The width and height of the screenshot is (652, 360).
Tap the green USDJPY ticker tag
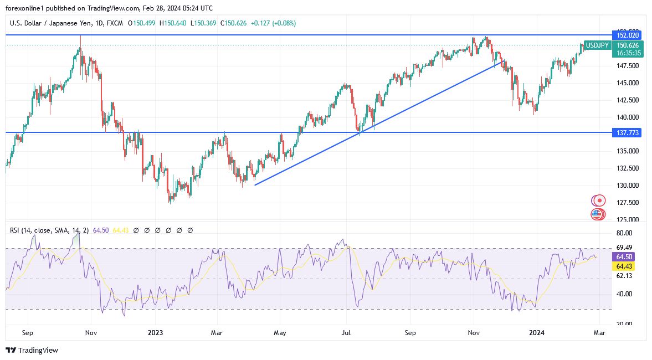pyautogui.click(x=598, y=45)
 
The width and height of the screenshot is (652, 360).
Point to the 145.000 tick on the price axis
pyautogui.click(x=627, y=83)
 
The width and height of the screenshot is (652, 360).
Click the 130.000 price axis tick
pyautogui.click(x=627, y=186)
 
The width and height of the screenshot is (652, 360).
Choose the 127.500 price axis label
pyautogui.click(x=627, y=203)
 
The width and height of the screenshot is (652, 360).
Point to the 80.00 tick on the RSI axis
pyautogui.click(x=624, y=233)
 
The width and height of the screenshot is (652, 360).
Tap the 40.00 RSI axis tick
pyautogui.click(x=624, y=294)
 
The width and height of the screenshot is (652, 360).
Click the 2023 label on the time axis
pyautogui.click(x=155, y=333)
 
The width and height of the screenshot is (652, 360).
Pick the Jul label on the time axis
pyautogui.click(x=347, y=333)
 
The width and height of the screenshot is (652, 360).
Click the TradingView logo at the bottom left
pyautogui.click(x=32, y=350)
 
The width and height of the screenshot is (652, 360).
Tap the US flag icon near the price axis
pyautogui.click(x=597, y=214)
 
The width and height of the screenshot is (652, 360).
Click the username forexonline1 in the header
pyautogui.click(x=26, y=8)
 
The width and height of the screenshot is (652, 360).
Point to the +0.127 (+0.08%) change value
pyautogui.click(x=273, y=23)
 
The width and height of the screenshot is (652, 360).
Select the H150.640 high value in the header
pyautogui.click(x=173, y=23)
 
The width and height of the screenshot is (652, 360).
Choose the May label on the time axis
pyautogui.click(x=280, y=333)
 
